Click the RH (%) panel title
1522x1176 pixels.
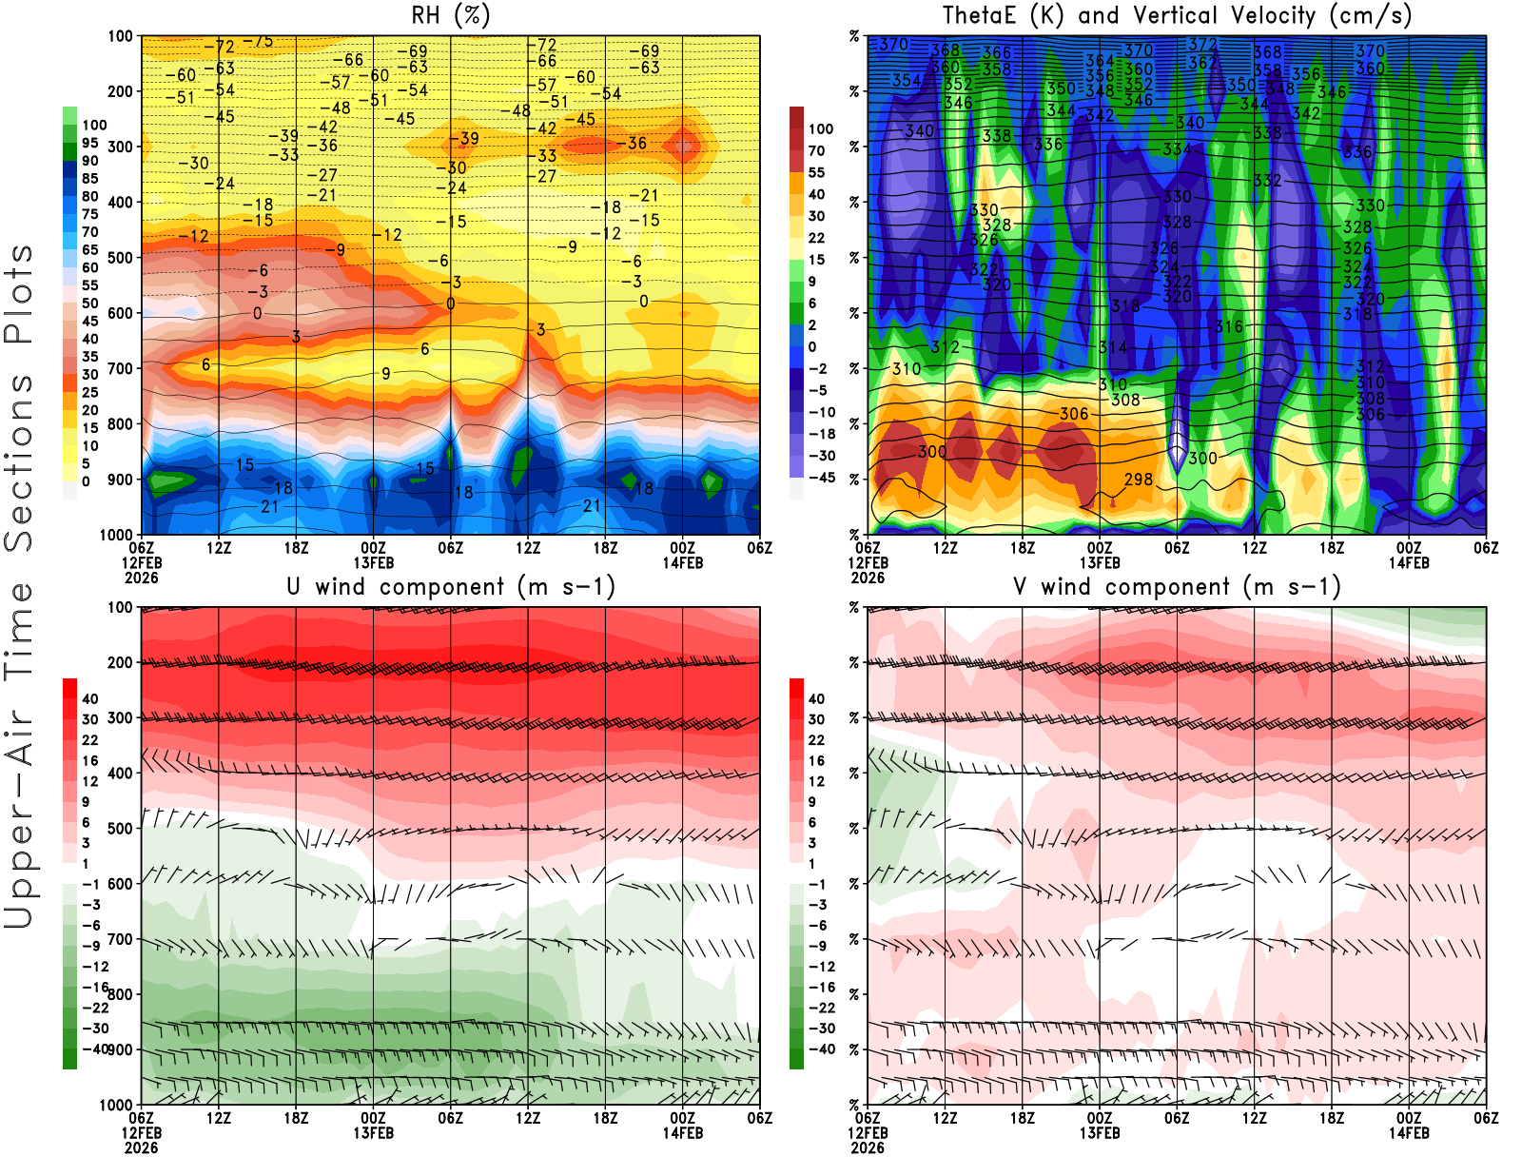tap(451, 15)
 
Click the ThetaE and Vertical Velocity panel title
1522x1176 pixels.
tap(1177, 15)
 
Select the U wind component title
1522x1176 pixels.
tap(451, 586)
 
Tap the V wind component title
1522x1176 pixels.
tap(1177, 586)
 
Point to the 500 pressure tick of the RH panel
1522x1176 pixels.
tap(120, 257)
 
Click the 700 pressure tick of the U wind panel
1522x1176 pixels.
tap(120, 939)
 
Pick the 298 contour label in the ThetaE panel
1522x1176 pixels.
tap(1138, 480)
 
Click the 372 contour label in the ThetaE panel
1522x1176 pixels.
tap(1202, 45)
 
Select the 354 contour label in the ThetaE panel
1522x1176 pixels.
tap(907, 80)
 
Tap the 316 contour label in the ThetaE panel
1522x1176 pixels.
tap(1229, 326)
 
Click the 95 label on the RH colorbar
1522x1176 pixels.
tap(89, 143)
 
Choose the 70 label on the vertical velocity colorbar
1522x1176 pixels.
tap(816, 150)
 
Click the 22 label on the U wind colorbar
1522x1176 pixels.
tap(90, 740)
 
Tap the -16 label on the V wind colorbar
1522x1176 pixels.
tap(821, 988)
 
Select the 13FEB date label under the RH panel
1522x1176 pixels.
tap(373, 562)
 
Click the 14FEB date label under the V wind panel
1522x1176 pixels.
tap(1409, 1133)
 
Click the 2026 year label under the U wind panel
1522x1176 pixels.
tap(141, 1148)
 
